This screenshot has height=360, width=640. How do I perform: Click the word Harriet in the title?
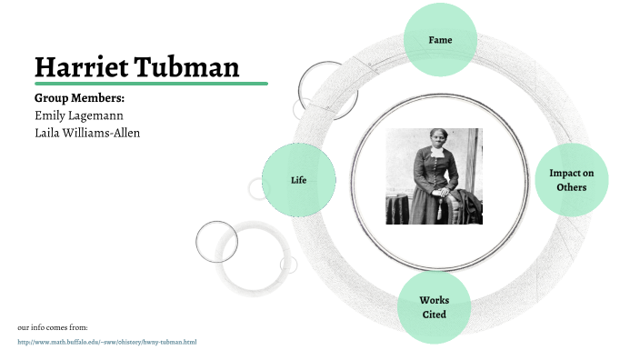coord(79,66)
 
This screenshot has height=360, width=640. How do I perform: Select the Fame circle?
coord(440,40)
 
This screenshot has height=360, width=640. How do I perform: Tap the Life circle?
coord(298,180)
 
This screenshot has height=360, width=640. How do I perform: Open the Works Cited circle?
coord(434,307)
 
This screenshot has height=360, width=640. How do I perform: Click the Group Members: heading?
coord(79,97)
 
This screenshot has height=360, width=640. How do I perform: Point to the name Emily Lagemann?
coord(80,115)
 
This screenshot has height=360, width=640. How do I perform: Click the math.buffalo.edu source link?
coord(107,342)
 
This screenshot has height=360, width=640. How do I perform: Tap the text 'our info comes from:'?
coord(53,325)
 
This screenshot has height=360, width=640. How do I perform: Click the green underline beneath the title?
coord(151,84)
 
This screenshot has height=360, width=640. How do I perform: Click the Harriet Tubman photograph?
coord(434,176)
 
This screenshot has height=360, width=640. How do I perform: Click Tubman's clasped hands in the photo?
coord(440,192)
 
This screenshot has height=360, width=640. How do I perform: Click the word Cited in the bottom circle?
coord(434,315)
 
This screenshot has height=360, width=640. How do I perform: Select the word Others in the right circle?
coord(571,187)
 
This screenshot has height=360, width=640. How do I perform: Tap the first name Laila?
coord(47,134)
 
